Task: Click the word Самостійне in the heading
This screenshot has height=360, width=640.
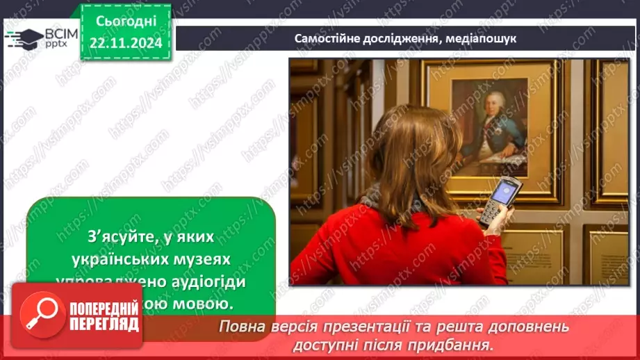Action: tap(329, 39)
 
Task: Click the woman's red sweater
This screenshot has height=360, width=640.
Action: tap(389, 250)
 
